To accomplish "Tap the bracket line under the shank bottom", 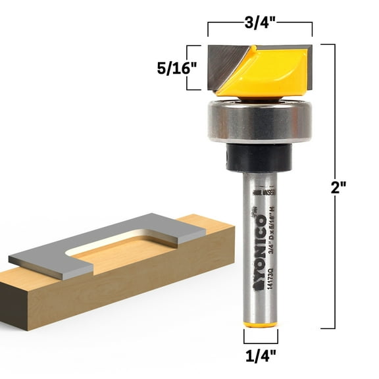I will pos(260,342).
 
